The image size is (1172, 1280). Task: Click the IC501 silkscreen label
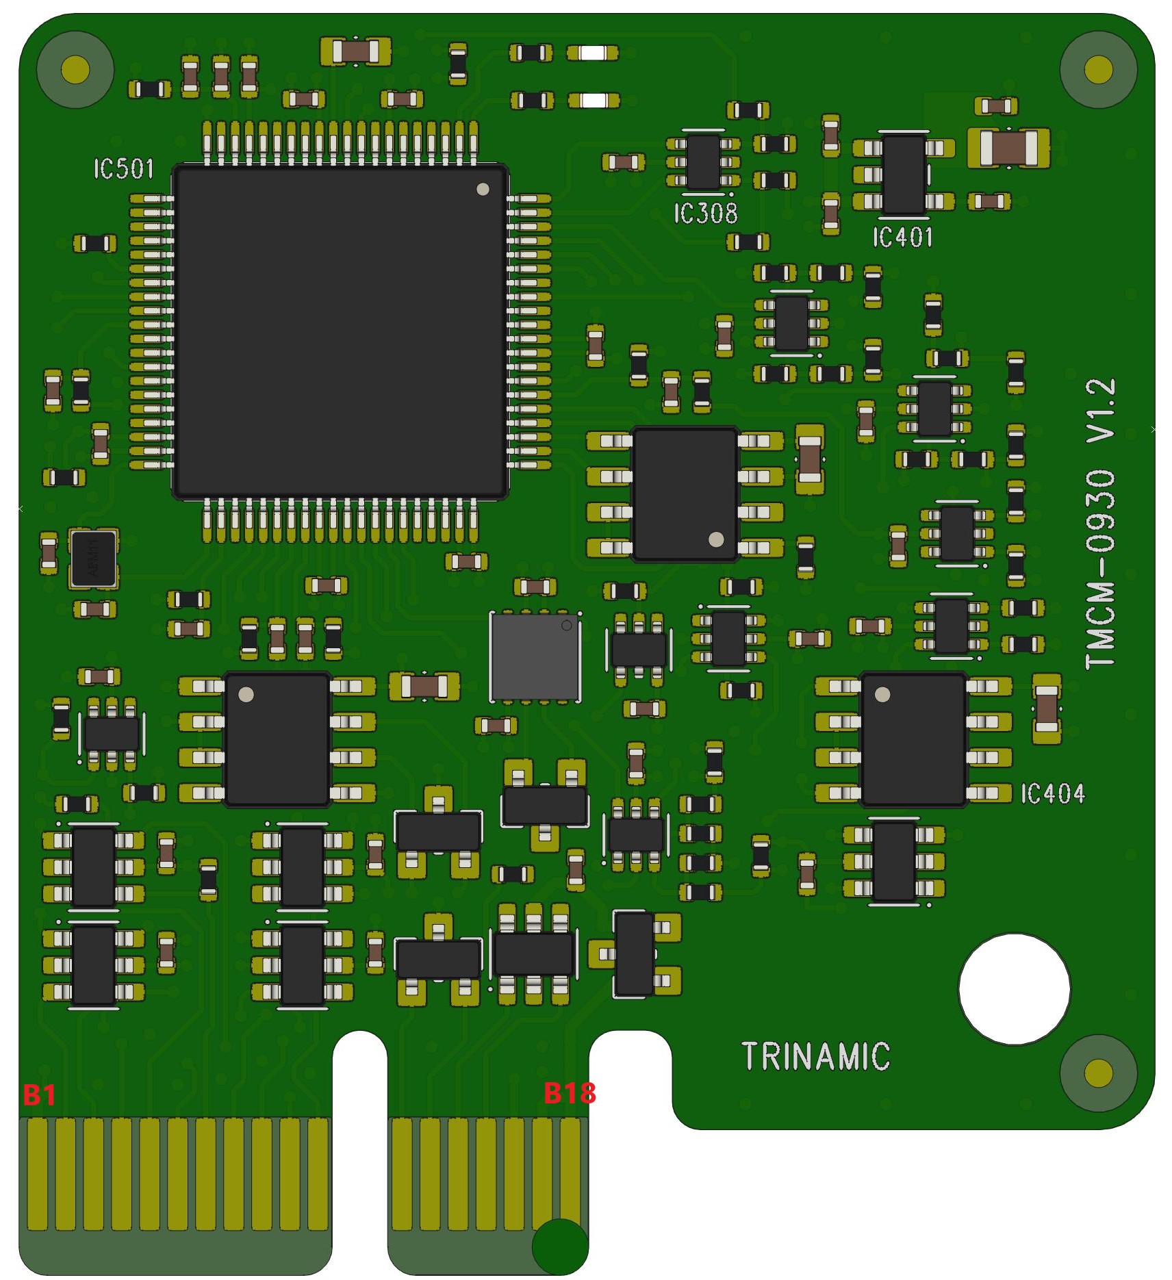tap(124, 169)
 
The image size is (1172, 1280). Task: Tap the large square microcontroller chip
tap(340, 332)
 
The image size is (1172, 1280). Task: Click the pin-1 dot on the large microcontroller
tap(483, 189)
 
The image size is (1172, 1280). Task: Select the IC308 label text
tap(706, 214)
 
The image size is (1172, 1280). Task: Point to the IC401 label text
tap(902, 238)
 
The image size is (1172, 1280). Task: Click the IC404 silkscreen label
tap(1052, 794)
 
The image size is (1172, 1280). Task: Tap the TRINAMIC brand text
tap(815, 1056)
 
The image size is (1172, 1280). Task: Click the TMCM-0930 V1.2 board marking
tap(1100, 524)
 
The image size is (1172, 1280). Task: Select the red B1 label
tap(39, 1095)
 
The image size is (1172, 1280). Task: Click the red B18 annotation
tap(569, 1093)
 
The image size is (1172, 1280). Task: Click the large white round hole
tap(1014, 989)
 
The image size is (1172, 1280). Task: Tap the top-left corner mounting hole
tap(75, 69)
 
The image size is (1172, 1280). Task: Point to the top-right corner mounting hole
tap(1098, 69)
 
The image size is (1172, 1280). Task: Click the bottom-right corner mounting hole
tap(1098, 1073)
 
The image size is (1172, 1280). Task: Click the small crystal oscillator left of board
tap(93, 559)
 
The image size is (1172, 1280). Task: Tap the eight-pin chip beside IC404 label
tap(913, 739)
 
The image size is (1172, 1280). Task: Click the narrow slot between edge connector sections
tap(360, 1150)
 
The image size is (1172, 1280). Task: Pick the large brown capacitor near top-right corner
tap(1008, 148)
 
